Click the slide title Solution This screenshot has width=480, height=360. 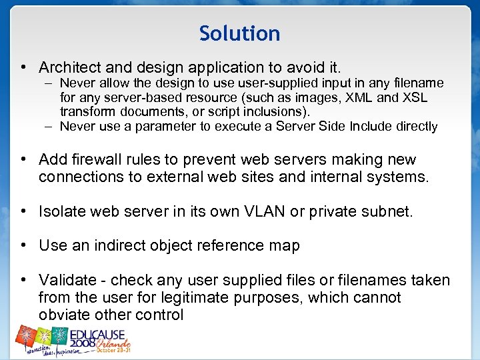[239, 33]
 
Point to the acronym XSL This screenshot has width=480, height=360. [413, 97]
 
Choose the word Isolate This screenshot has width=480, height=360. [63, 212]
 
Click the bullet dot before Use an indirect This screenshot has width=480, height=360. [23, 245]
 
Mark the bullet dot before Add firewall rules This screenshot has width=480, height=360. [23, 160]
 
